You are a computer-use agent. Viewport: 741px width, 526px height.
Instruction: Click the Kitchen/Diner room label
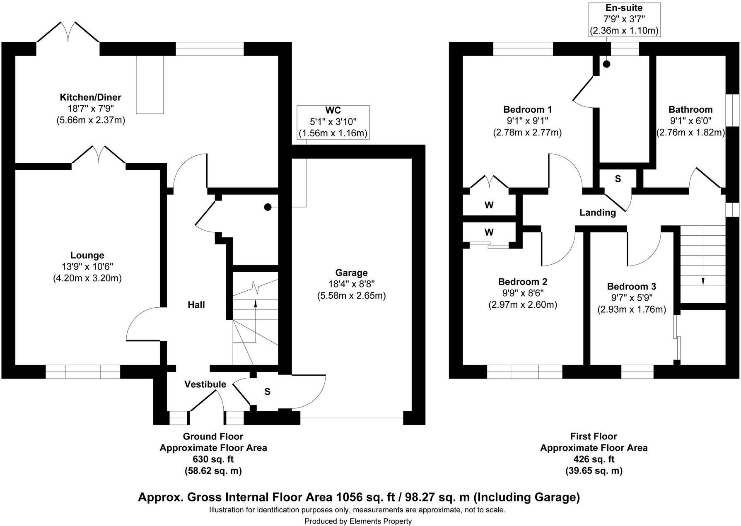pos(91,97)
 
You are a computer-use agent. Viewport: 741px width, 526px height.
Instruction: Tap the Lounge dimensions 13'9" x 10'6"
pos(87,267)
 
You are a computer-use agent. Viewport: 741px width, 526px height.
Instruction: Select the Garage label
pos(351,273)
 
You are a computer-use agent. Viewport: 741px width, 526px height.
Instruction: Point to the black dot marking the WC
pos(268,207)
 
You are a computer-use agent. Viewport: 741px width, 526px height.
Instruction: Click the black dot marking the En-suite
pos(606,64)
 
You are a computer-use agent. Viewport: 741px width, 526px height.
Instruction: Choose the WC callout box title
pos(333,110)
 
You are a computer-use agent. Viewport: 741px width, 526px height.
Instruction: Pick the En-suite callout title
pos(624,7)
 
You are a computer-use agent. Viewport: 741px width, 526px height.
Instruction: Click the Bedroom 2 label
pos(523,282)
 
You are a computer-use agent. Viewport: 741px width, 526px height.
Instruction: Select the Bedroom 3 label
pos(632,286)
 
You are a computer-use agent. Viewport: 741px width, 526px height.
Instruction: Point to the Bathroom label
pos(690,109)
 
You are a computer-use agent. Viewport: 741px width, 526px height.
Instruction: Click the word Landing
pos(597,212)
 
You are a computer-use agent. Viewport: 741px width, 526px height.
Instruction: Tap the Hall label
pos(196,305)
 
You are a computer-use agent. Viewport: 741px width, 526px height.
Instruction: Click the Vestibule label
pos(205,384)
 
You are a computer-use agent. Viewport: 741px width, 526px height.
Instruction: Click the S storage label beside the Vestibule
pos(267,391)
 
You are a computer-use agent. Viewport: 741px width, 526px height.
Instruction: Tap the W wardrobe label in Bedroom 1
pos(489,205)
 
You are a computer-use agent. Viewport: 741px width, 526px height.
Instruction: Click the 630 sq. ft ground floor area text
pos(213,459)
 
